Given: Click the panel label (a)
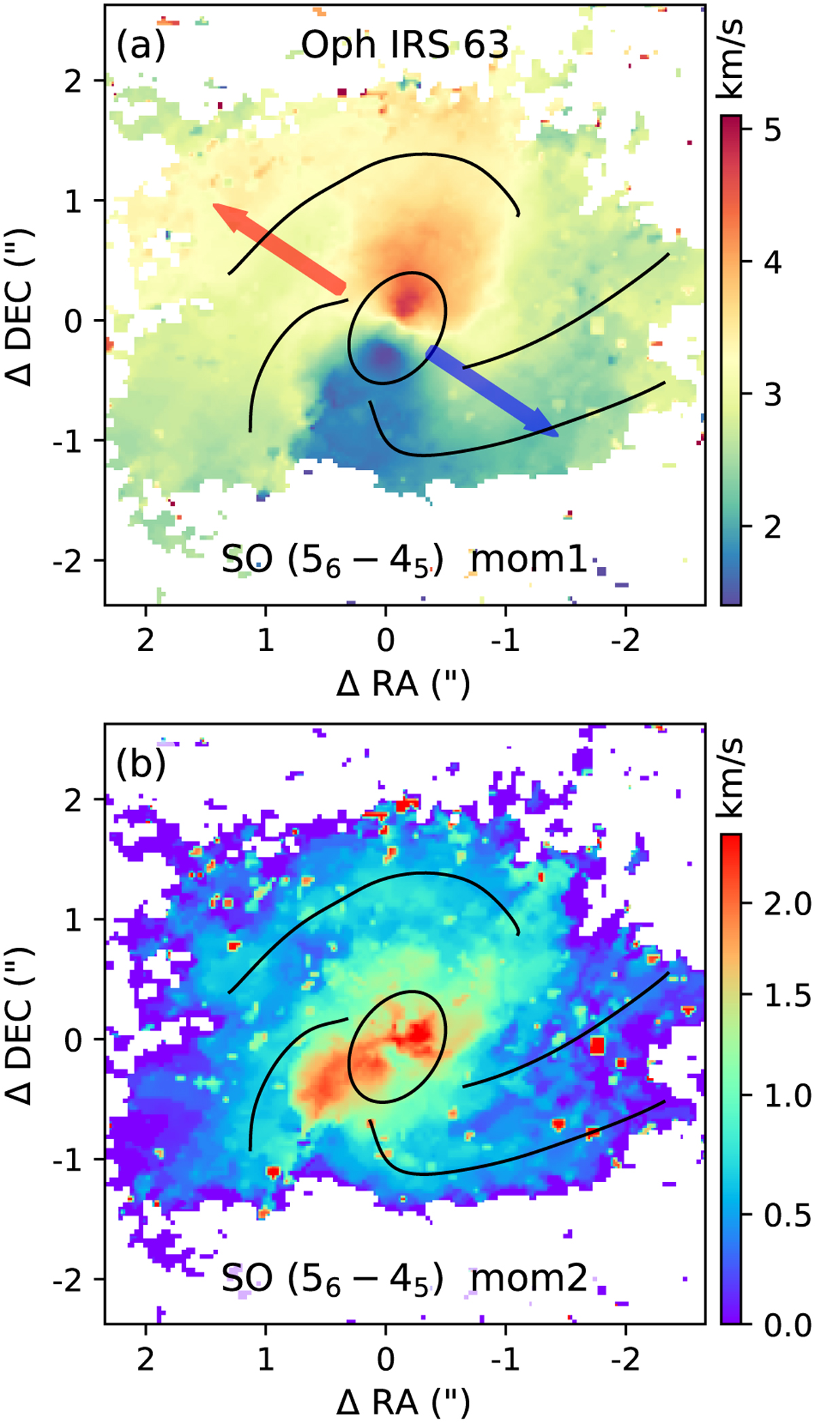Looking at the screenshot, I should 141,46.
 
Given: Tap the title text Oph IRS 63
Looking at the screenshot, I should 405,45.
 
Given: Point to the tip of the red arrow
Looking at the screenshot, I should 214,204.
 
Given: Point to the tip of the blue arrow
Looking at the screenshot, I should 558,435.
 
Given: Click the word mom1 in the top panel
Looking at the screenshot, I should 528,561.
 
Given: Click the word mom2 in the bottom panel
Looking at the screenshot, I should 528,1279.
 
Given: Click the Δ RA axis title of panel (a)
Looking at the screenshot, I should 403,684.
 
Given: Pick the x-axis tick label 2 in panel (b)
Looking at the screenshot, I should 145,1359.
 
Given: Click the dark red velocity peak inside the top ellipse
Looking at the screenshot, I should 407,300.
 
